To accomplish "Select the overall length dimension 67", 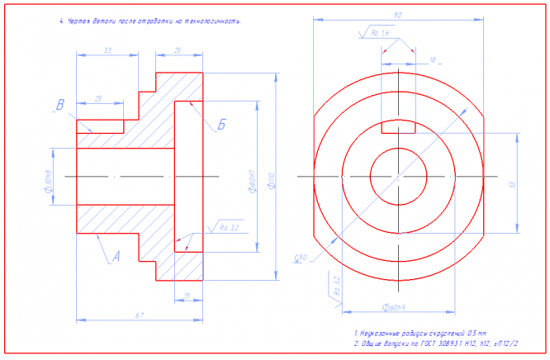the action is tap(140, 315).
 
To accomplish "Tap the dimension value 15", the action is tap(187, 295).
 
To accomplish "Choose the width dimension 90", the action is tap(398, 16).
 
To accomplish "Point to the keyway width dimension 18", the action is tap(432, 60).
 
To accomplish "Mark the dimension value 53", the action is tap(512, 186).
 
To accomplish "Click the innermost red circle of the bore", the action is tap(398, 176).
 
